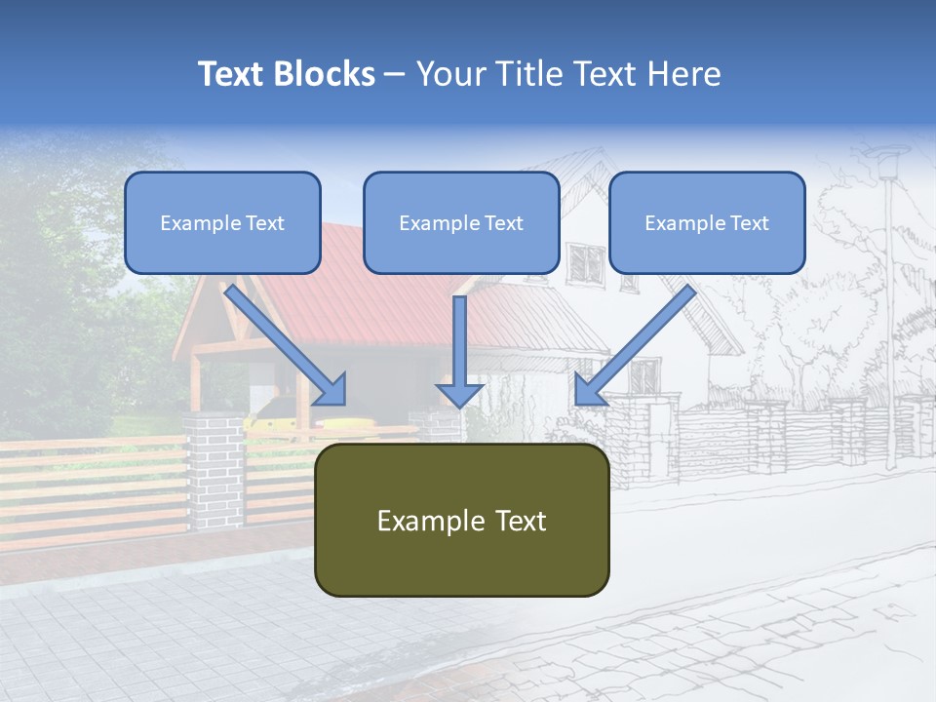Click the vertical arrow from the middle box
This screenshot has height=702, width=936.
tap(459, 351)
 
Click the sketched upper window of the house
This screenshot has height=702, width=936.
tap(586, 261)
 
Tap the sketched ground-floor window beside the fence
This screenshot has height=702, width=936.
tap(643, 375)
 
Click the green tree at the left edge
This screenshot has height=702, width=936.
tap(58, 292)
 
